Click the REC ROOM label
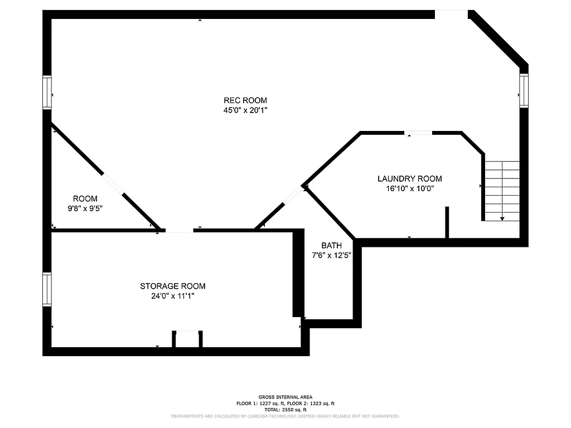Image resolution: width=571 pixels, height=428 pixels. click(245, 100)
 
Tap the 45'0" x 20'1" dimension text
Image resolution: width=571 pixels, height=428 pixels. click(245, 110)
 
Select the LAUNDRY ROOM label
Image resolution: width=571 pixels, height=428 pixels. click(409, 179)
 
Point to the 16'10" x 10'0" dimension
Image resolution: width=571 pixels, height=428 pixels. click(409, 188)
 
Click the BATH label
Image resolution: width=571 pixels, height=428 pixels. click(331, 246)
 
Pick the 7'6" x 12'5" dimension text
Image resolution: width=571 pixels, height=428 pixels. click(331, 256)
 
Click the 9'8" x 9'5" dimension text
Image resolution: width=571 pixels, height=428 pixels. click(85, 208)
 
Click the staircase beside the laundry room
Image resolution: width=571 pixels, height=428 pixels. click(502, 191)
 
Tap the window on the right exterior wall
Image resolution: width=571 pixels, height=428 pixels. click(524, 91)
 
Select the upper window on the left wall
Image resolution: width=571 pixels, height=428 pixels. click(47, 92)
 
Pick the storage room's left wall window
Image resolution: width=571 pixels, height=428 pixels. click(47, 289)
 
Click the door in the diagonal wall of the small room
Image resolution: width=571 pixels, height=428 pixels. click(113, 184)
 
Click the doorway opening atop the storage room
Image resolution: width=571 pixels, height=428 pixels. click(179, 231)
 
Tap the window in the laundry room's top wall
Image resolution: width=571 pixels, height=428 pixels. click(418, 133)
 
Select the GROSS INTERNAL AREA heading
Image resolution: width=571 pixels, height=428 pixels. click(285, 397)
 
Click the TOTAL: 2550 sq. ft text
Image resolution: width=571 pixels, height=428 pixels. click(285, 410)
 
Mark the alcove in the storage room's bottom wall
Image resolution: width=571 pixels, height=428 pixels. click(187, 339)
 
